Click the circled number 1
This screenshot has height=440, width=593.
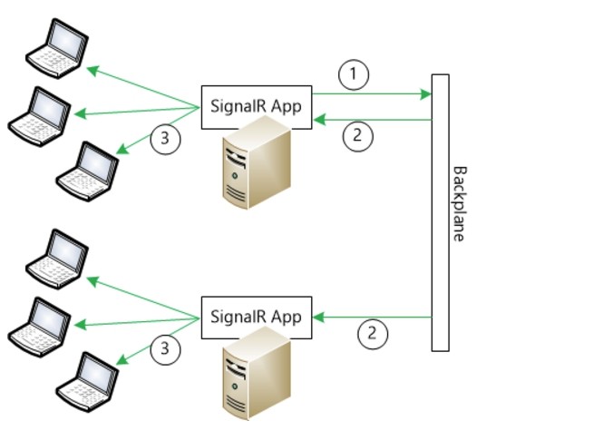point(354,74)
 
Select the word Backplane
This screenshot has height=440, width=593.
point(460,203)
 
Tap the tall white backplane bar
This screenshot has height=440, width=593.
point(440,212)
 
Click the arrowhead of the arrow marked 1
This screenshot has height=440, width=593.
point(426,93)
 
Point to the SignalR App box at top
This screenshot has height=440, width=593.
point(257,107)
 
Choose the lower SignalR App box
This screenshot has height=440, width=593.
point(257,318)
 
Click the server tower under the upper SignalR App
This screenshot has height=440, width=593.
point(257,162)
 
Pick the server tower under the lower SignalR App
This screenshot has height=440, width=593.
point(257,374)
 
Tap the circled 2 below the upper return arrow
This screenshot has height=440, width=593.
point(358,136)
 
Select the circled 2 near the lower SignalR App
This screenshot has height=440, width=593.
point(373,334)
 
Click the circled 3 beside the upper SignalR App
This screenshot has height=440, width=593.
point(165,139)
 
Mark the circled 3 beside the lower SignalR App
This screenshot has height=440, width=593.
point(165,348)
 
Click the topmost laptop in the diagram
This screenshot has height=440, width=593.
point(57,48)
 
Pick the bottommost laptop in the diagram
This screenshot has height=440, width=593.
point(87,382)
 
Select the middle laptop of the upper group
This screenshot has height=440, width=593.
point(39,116)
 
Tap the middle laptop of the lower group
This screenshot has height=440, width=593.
point(39,327)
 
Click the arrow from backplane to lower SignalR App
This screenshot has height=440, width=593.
point(373,317)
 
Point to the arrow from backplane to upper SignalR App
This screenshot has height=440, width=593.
point(373,120)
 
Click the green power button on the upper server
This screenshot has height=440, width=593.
point(235,176)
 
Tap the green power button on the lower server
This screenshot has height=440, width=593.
point(235,386)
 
